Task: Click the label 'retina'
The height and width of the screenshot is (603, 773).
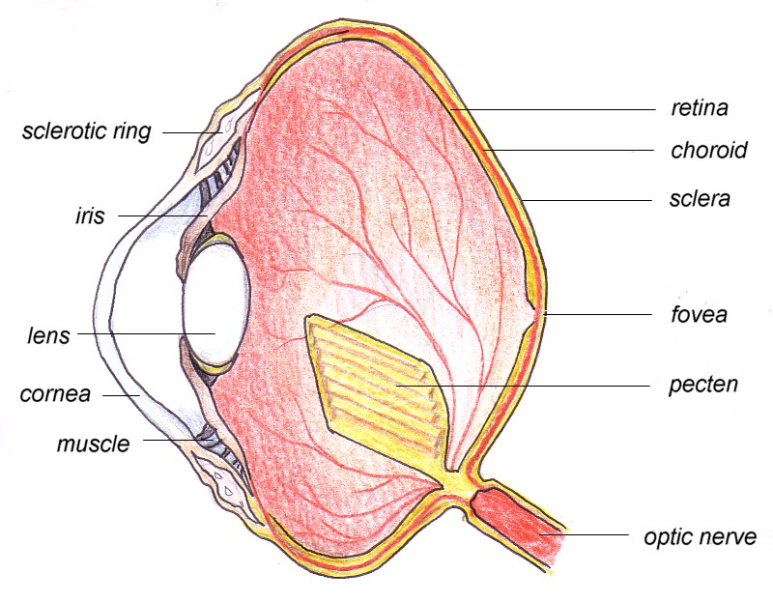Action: point(699,108)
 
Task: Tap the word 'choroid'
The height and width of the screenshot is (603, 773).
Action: point(709,150)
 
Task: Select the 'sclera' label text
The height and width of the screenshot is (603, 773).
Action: point(700,199)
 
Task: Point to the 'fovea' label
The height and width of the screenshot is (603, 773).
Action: point(699,314)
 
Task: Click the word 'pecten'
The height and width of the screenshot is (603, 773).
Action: point(703,385)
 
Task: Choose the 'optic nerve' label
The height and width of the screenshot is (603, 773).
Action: point(700,536)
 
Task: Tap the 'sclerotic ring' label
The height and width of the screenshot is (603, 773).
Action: point(87,131)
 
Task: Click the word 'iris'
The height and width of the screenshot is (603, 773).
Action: point(90,215)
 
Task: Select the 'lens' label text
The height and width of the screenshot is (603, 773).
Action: point(48,335)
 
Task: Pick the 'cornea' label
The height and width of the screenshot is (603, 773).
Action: point(55,394)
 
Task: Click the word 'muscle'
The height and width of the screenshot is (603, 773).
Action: point(93,444)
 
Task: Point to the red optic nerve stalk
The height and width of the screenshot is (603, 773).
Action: point(518,523)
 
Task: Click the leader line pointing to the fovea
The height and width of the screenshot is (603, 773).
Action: point(598,314)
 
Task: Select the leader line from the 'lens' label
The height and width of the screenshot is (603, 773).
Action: point(147,333)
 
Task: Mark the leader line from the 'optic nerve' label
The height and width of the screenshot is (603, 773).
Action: point(584,534)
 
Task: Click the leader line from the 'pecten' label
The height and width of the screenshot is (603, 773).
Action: point(524,385)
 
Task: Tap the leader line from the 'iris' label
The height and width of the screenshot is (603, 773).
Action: point(163,215)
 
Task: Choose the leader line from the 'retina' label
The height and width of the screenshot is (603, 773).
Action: point(553,109)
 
